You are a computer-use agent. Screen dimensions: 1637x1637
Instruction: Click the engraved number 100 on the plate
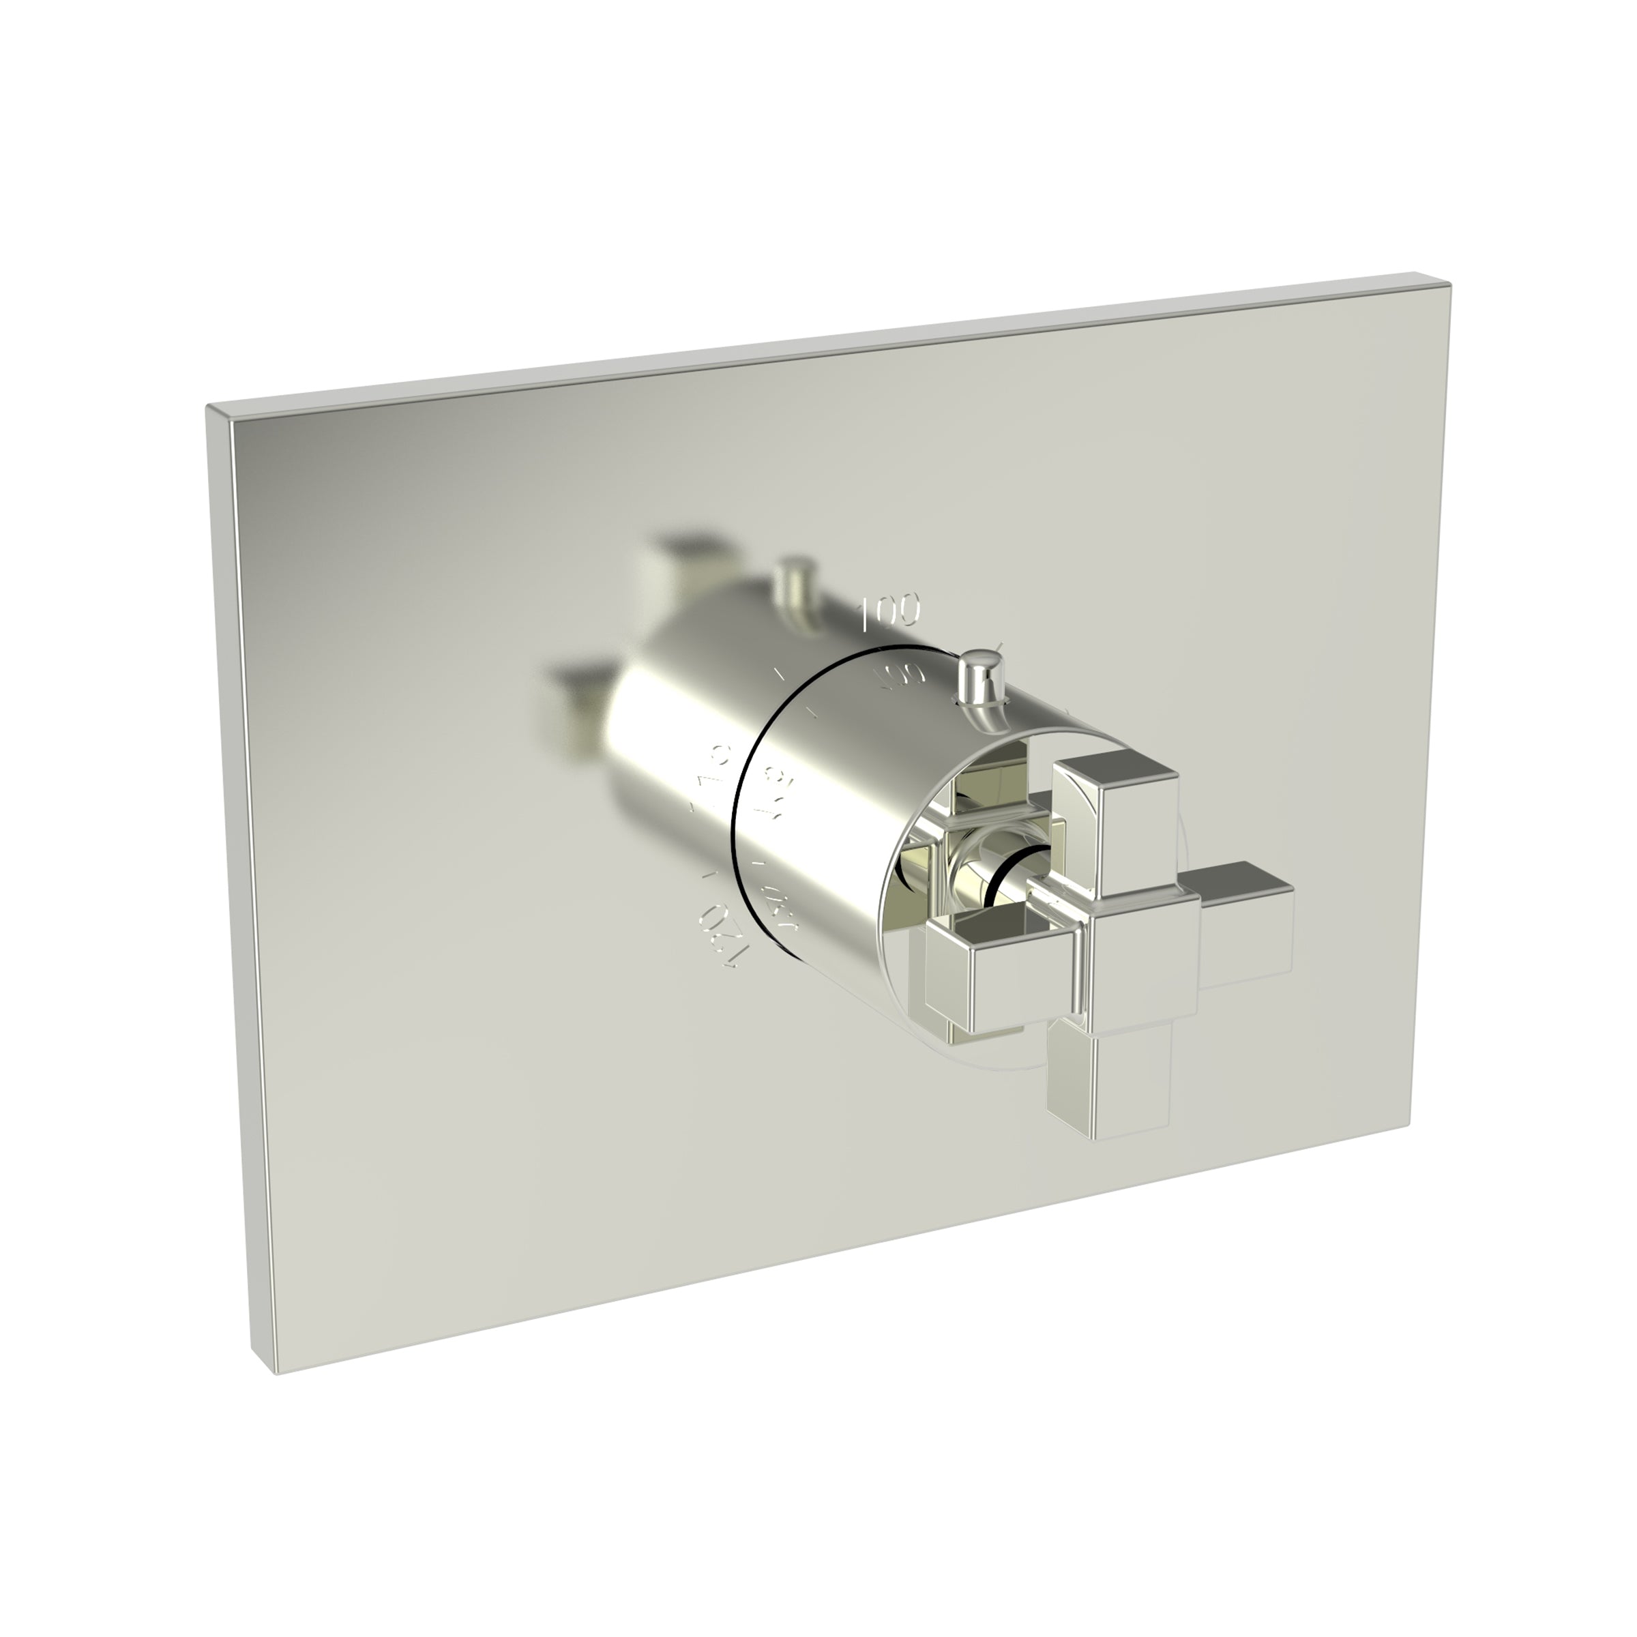point(889,612)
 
